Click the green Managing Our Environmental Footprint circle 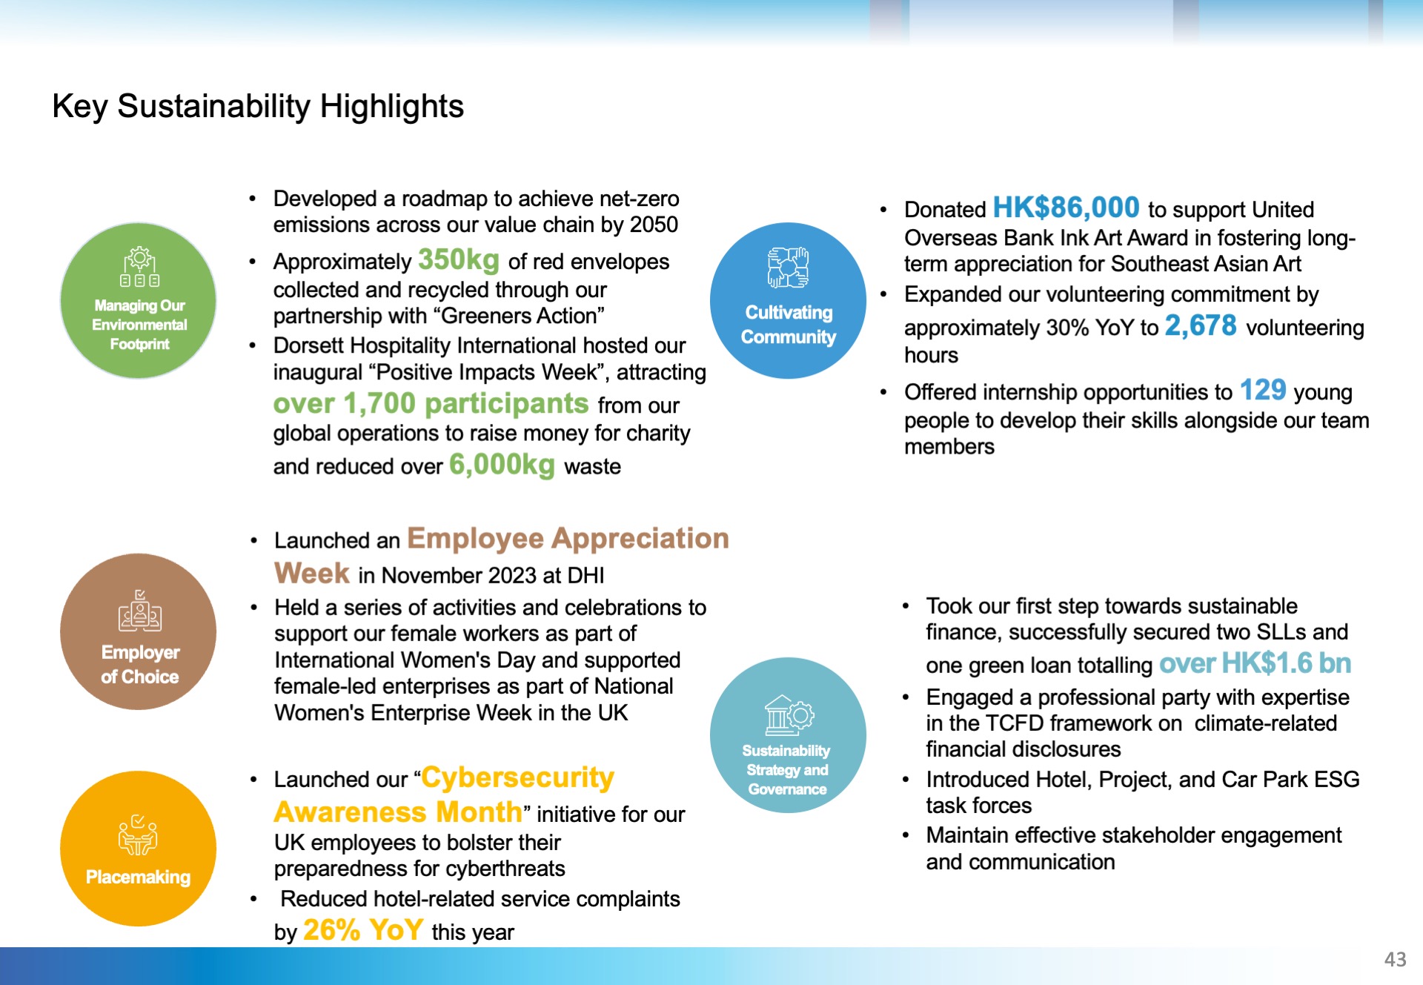139,300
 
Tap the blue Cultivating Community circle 788,300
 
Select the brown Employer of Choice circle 139,631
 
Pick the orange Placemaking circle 139,849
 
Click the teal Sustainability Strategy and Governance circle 788,735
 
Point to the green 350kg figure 459,260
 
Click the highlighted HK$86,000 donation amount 1066,208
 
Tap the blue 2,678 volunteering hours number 1201,325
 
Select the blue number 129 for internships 1263,390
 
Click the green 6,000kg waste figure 502,465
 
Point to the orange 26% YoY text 363,929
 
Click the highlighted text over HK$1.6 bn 1255,663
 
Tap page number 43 1395,960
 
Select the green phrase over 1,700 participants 431,404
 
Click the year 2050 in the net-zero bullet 654,225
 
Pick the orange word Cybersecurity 517,777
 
